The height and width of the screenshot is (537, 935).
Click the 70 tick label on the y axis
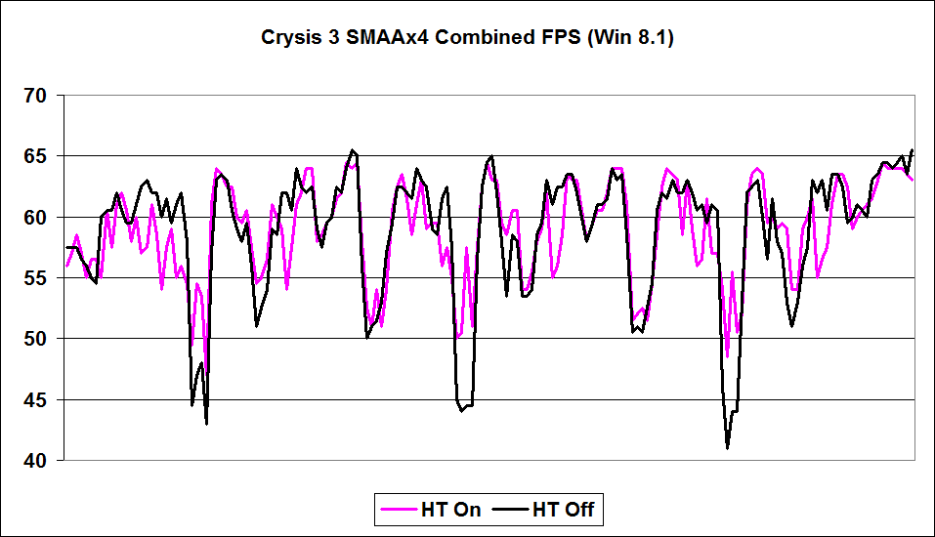click(x=35, y=96)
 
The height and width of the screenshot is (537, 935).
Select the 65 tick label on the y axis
click(x=35, y=156)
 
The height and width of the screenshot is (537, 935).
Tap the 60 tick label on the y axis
click(x=35, y=217)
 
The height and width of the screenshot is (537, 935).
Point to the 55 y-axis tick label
click(x=35, y=278)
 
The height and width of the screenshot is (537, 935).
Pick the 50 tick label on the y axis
click(x=35, y=339)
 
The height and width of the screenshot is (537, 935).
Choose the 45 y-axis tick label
click(x=35, y=399)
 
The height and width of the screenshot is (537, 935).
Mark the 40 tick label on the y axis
click(x=35, y=460)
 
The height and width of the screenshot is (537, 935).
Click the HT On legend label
click(x=449, y=509)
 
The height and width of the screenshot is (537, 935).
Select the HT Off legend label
click(x=563, y=509)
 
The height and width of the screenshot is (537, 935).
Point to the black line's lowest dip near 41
click(x=728, y=447)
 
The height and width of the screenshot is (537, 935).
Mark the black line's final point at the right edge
click(x=913, y=150)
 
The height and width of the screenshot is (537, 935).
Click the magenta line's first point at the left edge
click(x=66, y=266)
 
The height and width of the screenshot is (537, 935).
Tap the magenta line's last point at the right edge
click(x=913, y=180)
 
